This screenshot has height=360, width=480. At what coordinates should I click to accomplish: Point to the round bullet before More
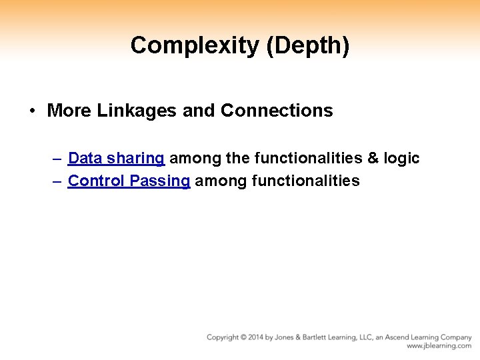[32, 111]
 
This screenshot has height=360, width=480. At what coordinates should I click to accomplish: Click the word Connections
[277, 111]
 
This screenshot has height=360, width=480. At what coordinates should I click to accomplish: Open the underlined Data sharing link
[116, 159]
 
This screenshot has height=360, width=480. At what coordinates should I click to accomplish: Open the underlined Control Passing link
[129, 181]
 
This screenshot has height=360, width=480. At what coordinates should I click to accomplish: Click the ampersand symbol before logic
[373, 159]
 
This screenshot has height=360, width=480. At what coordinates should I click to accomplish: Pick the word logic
[403, 159]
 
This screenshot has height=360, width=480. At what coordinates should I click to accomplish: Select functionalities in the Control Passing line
[306, 181]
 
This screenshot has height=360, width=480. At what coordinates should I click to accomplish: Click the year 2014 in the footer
[255, 337]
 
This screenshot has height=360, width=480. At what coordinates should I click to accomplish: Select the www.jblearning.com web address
[439, 347]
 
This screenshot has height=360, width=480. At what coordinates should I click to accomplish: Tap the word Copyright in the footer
[223, 337]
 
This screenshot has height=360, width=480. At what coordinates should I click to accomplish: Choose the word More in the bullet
[69, 111]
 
